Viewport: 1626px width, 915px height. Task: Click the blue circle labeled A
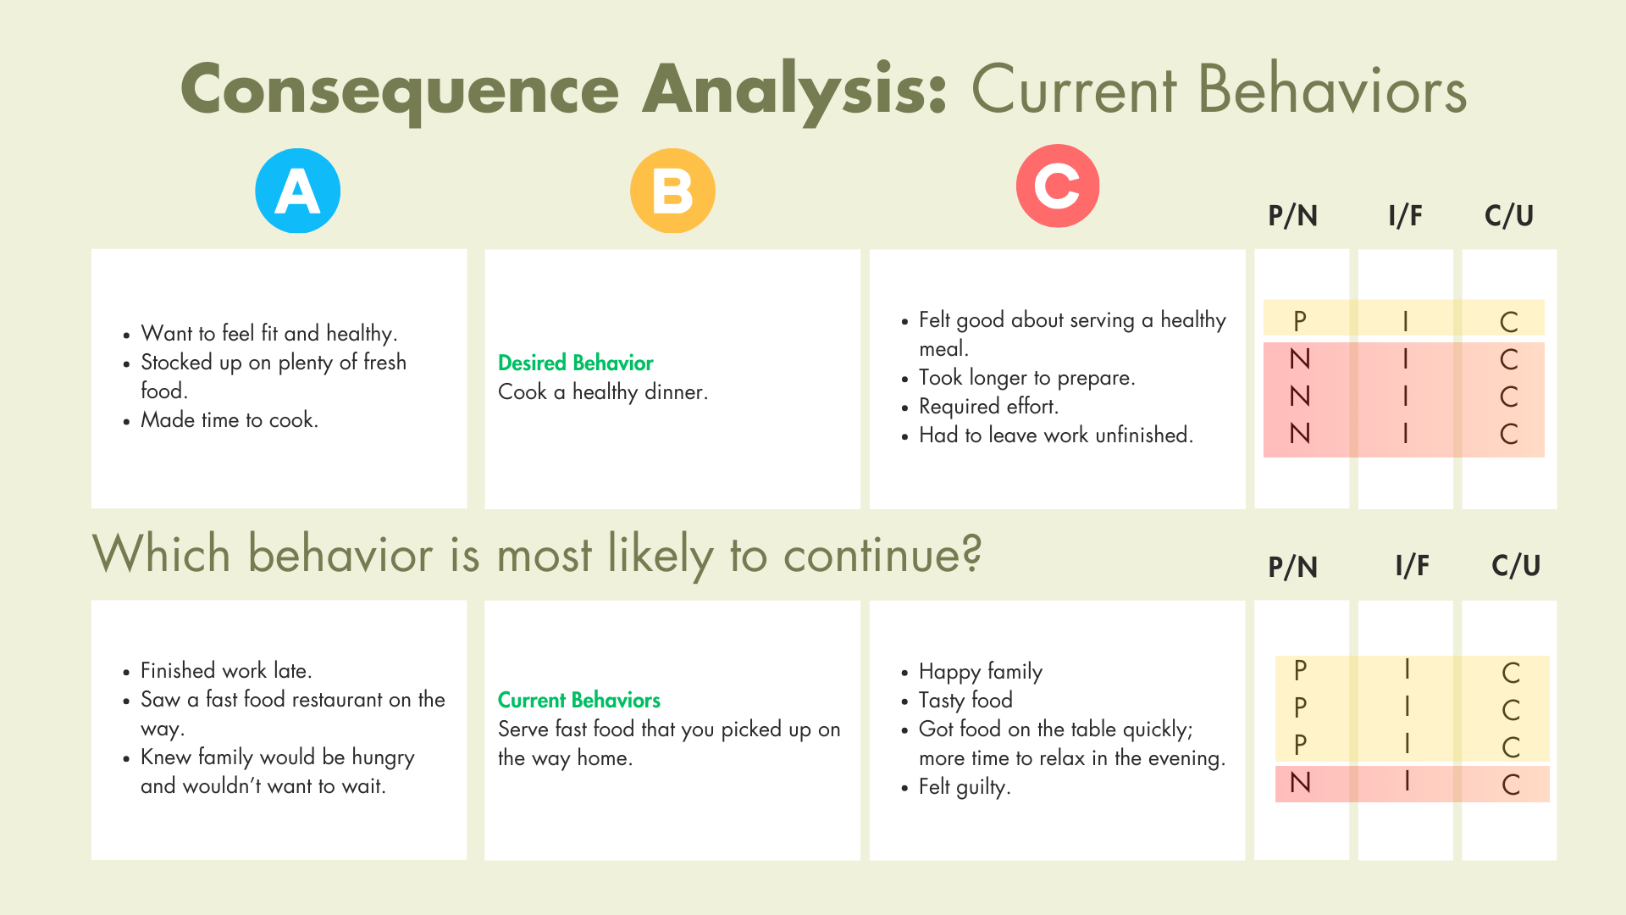point(298,191)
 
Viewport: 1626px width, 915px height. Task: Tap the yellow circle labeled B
point(672,191)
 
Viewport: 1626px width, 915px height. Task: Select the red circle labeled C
point(1058,186)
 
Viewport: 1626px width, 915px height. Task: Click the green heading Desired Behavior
point(576,363)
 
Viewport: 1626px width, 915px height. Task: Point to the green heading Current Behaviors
point(579,700)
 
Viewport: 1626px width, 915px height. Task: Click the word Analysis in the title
point(794,90)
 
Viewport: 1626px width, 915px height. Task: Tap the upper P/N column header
point(1293,215)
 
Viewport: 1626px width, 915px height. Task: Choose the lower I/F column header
point(1413,565)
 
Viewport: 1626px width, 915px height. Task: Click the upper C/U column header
point(1509,215)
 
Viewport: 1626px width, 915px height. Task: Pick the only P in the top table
point(1300,321)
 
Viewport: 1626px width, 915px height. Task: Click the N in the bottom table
point(1300,783)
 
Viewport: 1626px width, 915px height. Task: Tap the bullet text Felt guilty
point(965,787)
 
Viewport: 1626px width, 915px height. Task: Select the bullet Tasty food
point(965,701)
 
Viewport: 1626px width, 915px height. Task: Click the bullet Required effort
point(988,407)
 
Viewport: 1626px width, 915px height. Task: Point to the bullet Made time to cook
point(230,420)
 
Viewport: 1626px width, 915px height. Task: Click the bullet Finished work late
point(226,671)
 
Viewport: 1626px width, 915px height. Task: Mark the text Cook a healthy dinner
point(603,392)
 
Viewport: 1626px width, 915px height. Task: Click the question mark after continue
point(971,552)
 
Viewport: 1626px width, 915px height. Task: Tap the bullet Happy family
point(981,672)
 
